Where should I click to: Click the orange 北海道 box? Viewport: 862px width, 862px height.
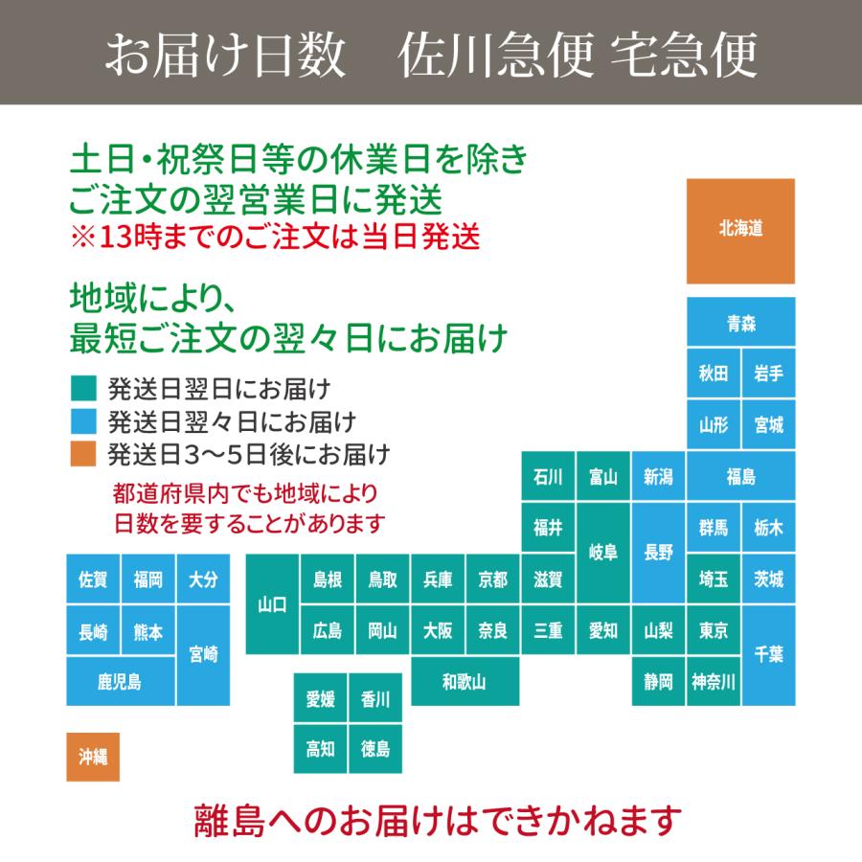(740, 231)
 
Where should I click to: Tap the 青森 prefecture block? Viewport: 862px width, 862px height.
(740, 323)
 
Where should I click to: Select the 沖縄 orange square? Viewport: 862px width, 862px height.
(93, 757)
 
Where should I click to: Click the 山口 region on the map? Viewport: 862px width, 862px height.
(272, 604)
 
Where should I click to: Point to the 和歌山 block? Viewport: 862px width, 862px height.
(465, 682)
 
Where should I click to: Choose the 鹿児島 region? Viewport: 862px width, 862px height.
(120, 682)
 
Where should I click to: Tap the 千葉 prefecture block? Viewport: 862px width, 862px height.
(768, 654)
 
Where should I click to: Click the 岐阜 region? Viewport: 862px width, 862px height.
(603, 553)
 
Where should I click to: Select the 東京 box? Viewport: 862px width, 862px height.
(714, 630)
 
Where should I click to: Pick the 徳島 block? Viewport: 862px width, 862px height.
(375, 749)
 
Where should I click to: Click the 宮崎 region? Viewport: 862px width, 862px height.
(203, 654)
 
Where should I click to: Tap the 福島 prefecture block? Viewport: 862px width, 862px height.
(740, 476)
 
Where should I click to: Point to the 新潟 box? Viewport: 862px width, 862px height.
(659, 476)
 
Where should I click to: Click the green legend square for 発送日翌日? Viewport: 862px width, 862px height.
(83, 389)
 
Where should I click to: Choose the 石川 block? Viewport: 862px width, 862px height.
(549, 476)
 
